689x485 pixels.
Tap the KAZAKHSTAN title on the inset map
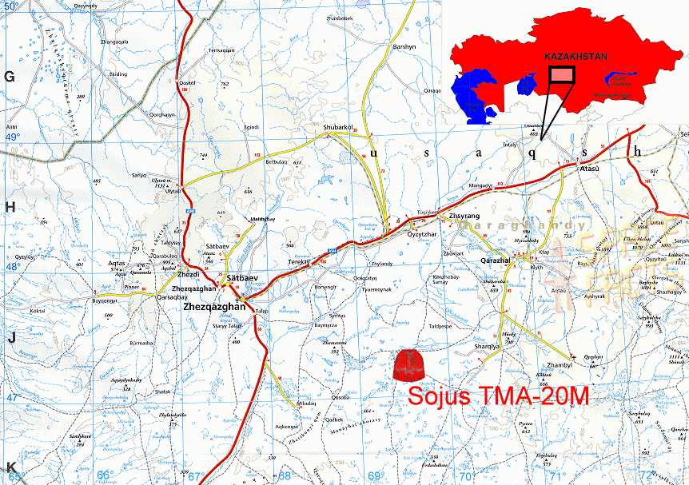[575, 57]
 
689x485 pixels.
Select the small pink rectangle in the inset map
[562, 74]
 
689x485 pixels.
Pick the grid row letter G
[10, 77]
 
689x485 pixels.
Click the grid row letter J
[11, 338]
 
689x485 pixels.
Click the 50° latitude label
[13, 6]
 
